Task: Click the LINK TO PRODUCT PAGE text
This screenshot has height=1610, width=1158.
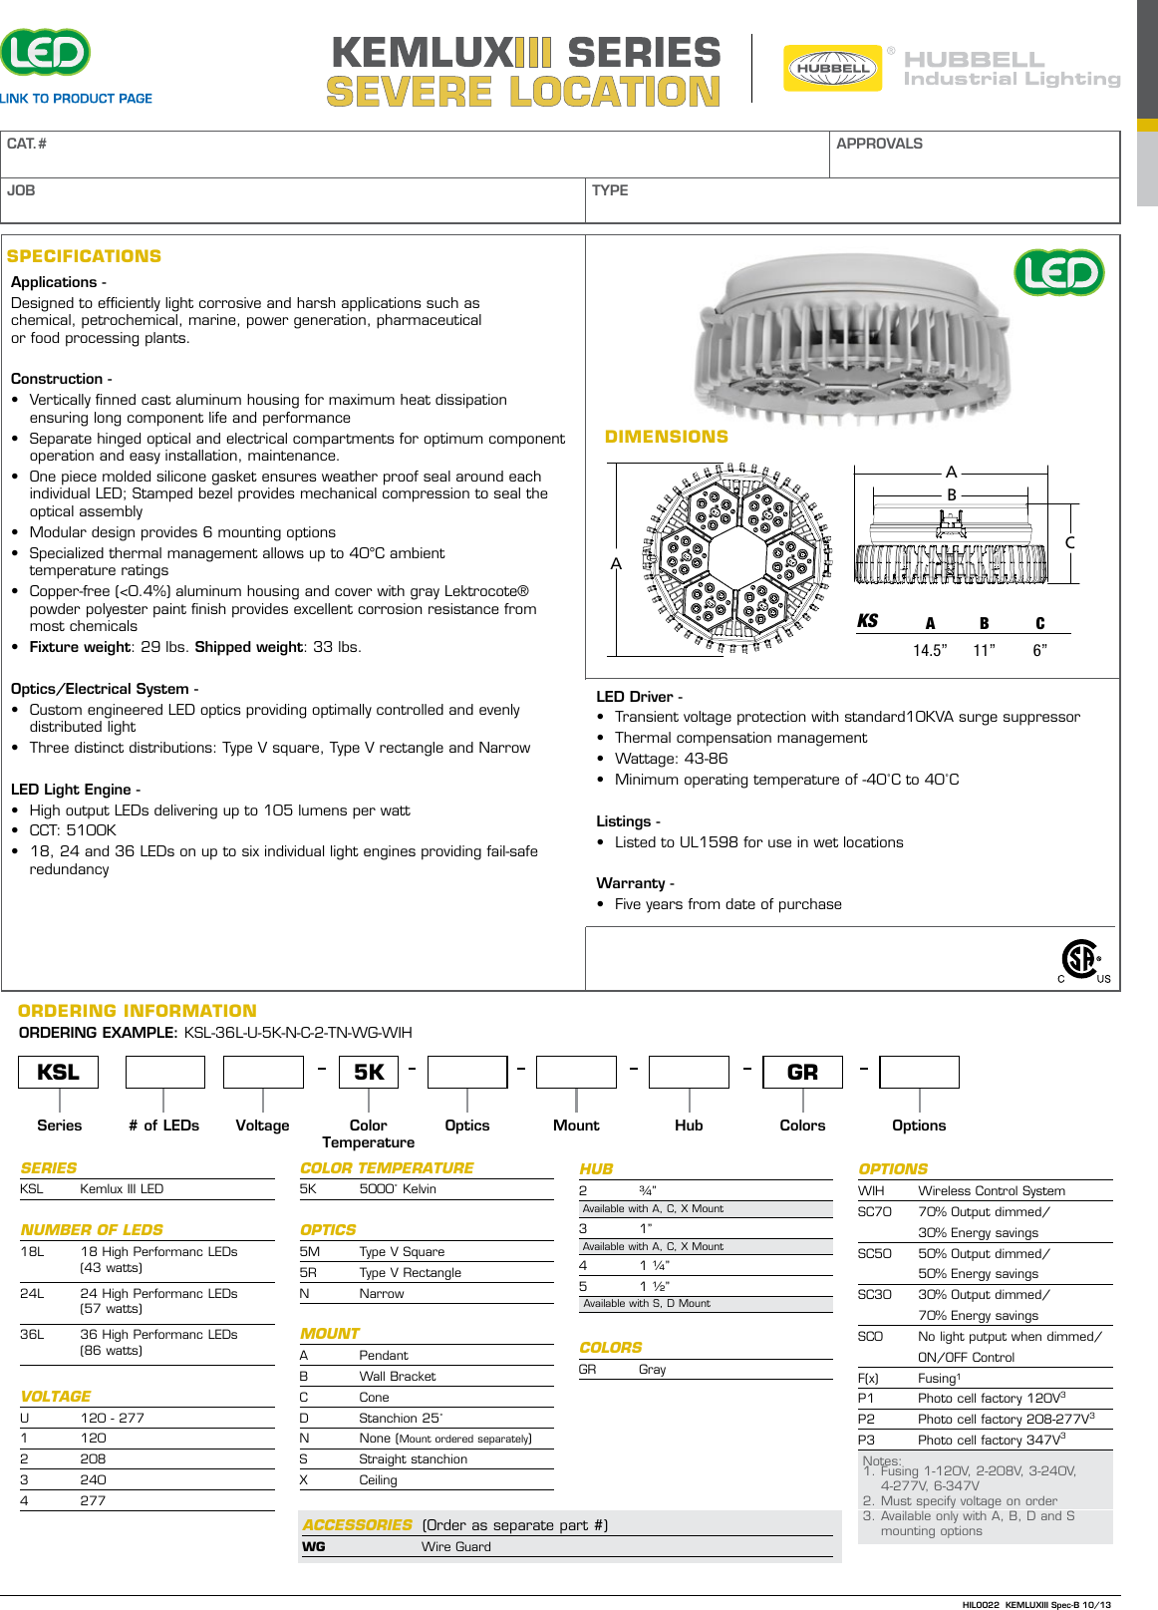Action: tap(76, 99)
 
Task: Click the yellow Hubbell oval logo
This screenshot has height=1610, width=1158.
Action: tap(832, 68)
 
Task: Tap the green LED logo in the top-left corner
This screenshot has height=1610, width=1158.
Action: tap(45, 52)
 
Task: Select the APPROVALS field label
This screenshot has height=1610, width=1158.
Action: tap(879, 144)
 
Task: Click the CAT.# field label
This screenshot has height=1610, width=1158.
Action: tap(27, 144)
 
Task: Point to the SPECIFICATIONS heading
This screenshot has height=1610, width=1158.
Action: tap(84, 256)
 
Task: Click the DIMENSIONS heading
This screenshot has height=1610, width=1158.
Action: tap(666, 437)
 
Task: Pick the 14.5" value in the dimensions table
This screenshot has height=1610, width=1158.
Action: tap(929, 650)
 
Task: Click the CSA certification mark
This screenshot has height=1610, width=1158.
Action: tap(1081, 960)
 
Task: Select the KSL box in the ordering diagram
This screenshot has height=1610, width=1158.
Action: tap(58, 1072)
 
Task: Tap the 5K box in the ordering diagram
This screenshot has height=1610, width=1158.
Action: tap(369, 1072)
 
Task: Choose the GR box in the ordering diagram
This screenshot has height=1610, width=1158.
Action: tap(802, 1072)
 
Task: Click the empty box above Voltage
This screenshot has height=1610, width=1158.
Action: tap(263, 1072)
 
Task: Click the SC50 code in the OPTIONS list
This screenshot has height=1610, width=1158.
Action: tap(874, 1253)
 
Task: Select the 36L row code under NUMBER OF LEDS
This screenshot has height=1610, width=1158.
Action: tap(32, 1334)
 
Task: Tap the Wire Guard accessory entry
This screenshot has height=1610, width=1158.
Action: tap(455, 1546)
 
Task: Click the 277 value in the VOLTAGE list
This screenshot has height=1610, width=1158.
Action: tap(93, 1500)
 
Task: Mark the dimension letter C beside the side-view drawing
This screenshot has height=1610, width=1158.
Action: tap(1069, 543)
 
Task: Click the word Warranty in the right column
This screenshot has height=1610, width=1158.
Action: tap(630, 883)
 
